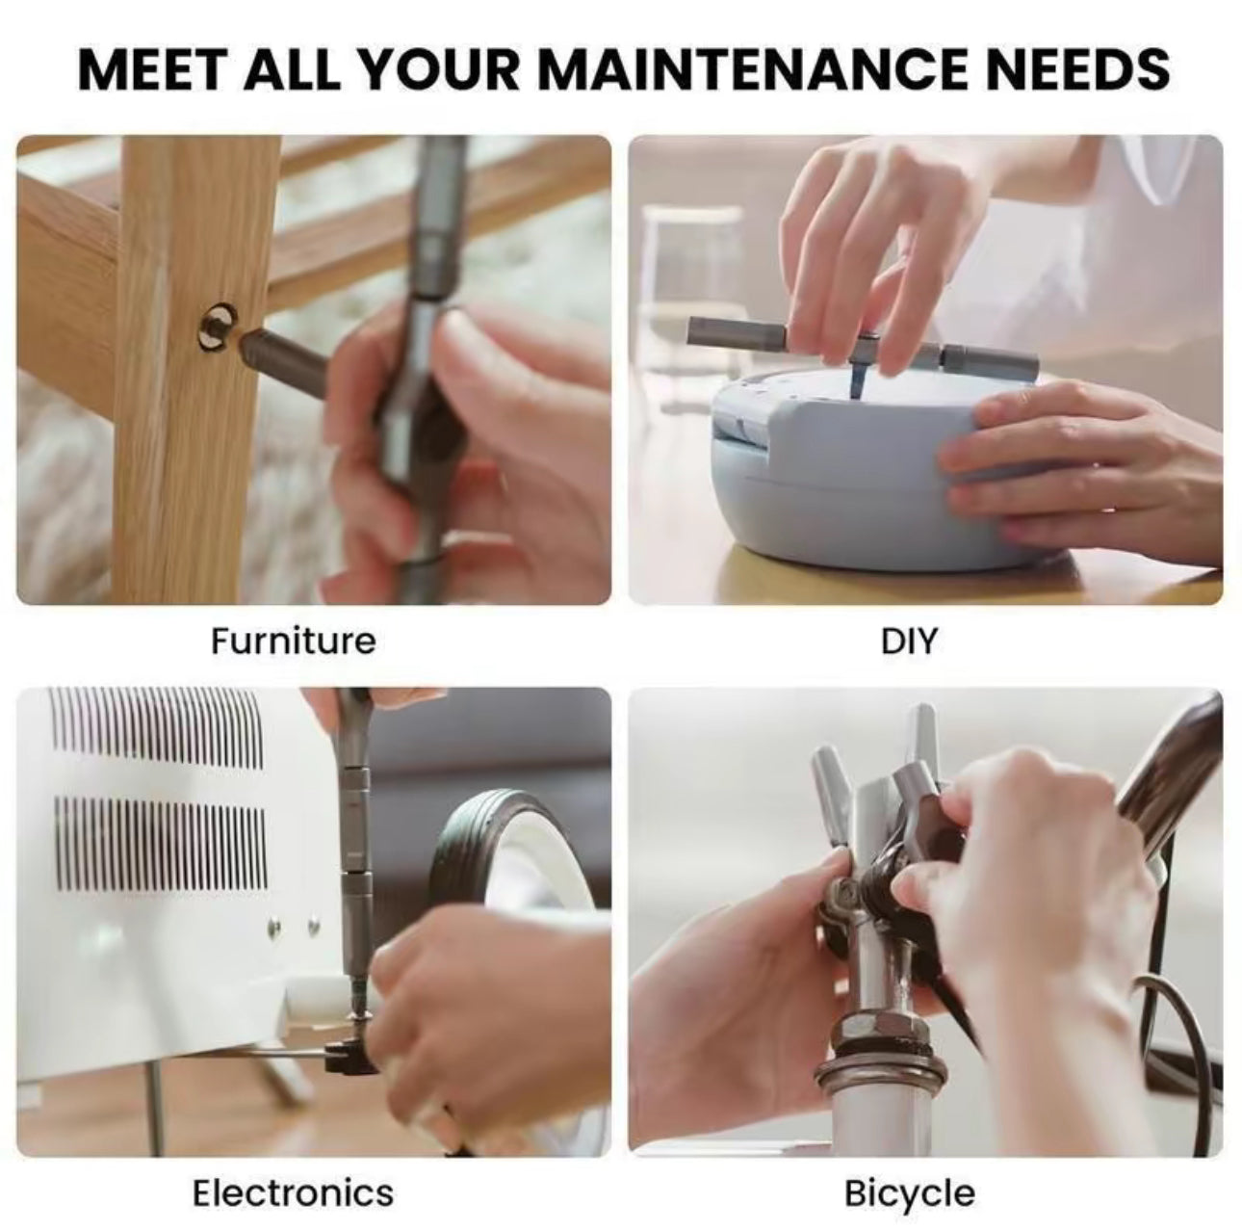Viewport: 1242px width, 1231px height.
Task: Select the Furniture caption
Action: pos(293,641)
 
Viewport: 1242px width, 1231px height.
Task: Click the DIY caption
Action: pos(908,641)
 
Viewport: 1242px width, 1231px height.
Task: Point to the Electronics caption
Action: pos(293,1192)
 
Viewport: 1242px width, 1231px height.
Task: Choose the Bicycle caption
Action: pos(909,1192)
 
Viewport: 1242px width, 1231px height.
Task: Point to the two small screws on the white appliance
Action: pos(294,927)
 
